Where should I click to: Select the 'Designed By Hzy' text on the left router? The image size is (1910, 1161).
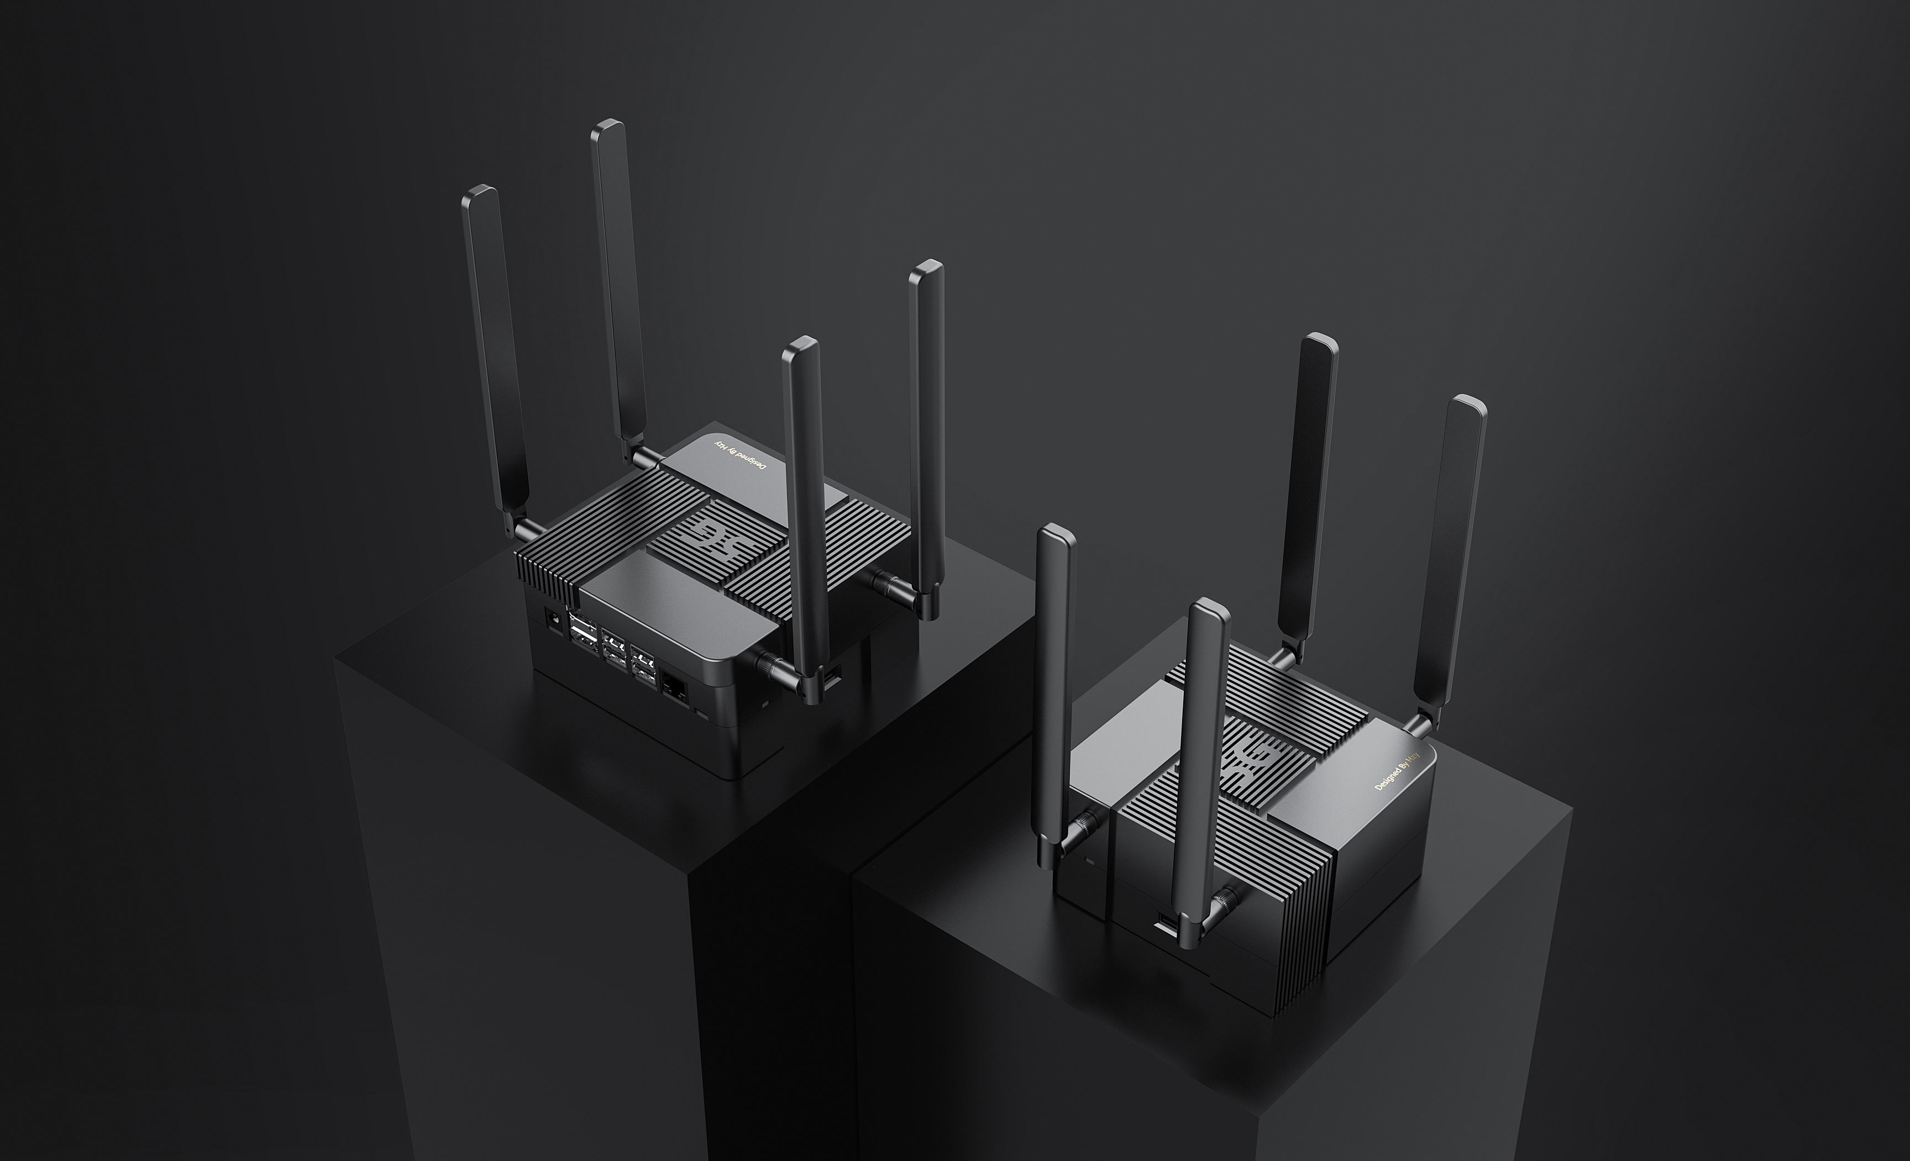pyautogui.click(x=739, y=456)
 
